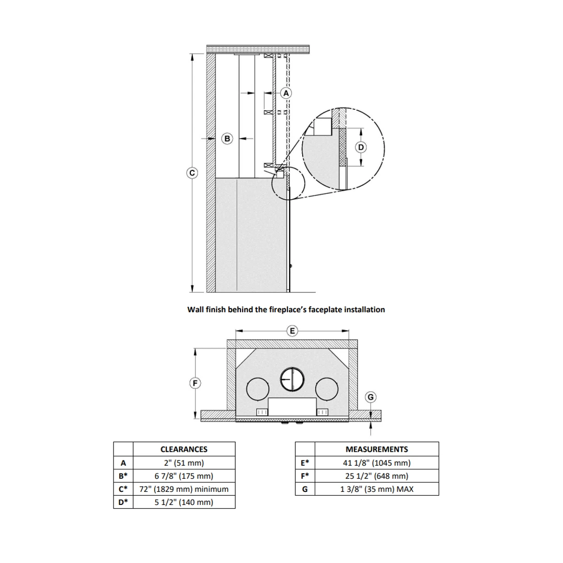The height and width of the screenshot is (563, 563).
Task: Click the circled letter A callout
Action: click(286, 93)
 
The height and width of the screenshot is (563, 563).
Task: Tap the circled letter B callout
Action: click(227, 138)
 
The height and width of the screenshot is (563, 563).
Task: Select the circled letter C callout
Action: click(192, 173)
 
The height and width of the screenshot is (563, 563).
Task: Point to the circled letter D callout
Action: click(361, 147)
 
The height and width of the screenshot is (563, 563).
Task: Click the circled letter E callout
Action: click(292, 331)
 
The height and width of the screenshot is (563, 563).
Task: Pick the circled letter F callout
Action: click(195, 383)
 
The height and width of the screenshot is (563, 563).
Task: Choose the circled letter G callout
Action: click(371, 397)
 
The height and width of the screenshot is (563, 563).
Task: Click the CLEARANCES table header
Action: click(184, 449)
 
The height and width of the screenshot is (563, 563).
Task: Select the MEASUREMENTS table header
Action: click(377, 449)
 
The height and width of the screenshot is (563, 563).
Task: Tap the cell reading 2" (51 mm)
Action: click(184, 463)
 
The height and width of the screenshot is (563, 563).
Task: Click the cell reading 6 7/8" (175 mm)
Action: click(184, 476)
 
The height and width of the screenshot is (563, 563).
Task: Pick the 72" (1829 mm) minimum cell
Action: click(184, 489)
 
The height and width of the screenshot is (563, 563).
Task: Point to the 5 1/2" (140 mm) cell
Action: click(184, 502)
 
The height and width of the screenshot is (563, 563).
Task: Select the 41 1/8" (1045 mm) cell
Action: click(377, 463)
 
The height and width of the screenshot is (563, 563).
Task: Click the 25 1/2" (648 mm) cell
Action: click(377, 476)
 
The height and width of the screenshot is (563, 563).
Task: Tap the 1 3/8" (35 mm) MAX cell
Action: click(377, 489)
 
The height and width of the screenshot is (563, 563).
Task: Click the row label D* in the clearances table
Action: click(123, 502)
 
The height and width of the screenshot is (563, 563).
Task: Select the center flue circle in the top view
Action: click(292, 380)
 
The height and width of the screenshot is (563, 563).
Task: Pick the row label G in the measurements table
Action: click(305, 489)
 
